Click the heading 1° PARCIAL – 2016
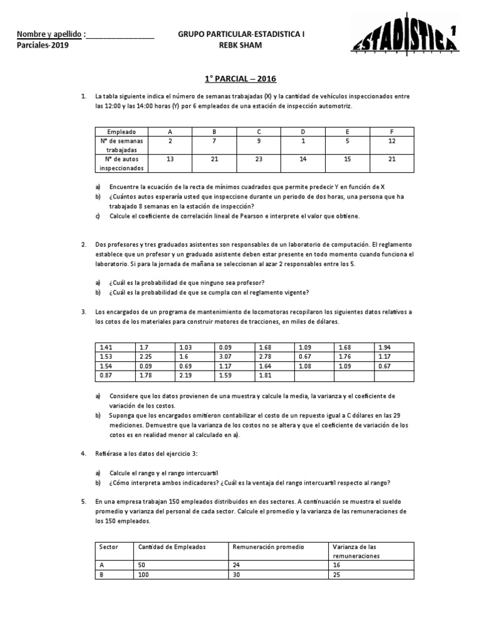240,79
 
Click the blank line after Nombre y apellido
120,35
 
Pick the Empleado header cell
121,132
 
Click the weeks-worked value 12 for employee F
391,141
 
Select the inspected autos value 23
259,160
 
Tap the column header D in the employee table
303,132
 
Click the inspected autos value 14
303,160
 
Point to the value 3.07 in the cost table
225,356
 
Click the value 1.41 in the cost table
105,347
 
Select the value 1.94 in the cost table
384,347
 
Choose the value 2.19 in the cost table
185,375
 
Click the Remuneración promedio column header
268,546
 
